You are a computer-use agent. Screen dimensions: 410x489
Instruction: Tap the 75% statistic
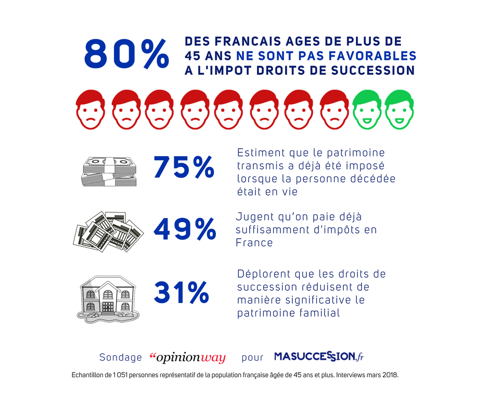click(184, 167)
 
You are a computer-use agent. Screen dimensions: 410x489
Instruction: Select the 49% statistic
click(185, 229)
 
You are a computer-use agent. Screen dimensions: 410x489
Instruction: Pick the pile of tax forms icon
click(107, 231)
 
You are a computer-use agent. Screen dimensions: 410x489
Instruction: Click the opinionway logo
click(187, 357)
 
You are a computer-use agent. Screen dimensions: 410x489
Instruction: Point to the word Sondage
click(121, 357)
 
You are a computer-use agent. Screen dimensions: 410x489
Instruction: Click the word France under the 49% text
click(254, 243)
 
